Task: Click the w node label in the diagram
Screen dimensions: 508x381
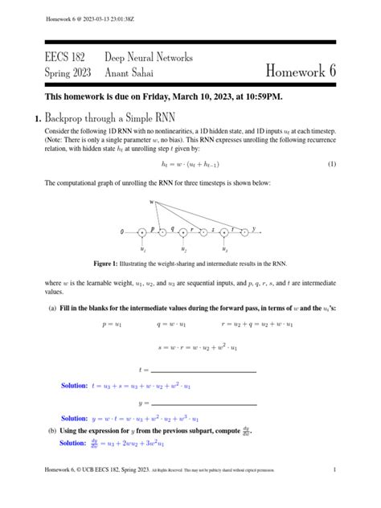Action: [150, 202]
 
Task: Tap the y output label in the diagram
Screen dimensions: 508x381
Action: [255, 229]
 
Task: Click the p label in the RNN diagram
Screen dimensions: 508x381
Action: [153, 228]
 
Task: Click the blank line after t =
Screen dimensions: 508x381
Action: [205, 371]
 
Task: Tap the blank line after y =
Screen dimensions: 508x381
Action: [205, 404]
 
